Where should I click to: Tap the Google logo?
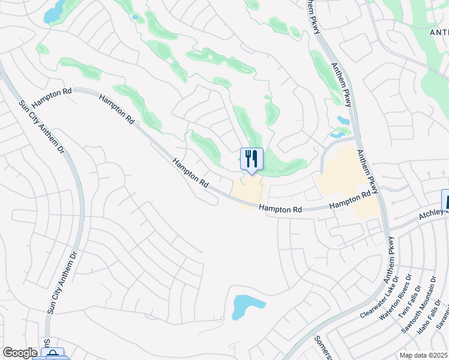[20, 353]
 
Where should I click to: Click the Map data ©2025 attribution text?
[423, 355]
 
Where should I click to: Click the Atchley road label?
[433, 214]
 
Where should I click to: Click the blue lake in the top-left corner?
[56, 11]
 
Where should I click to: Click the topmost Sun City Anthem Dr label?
[41, 125]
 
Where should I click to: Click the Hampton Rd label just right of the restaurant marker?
[280, 209]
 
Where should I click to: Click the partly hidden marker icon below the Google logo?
[53, 355]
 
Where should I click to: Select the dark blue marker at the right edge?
[445, 200]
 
